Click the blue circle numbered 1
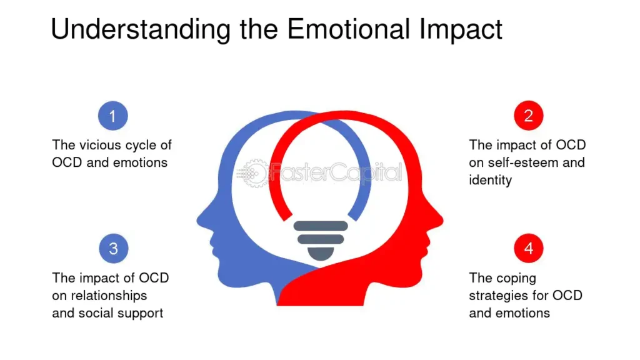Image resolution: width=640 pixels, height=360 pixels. click(113, 116)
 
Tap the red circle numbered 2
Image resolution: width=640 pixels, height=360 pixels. click(529, 116)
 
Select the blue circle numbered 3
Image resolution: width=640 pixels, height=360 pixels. click(114, 248)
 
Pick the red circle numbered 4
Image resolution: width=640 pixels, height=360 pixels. click(529, 247)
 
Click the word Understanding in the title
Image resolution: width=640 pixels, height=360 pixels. click(141, 29)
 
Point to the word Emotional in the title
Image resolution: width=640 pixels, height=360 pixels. click(349, 29)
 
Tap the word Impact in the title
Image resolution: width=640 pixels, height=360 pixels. click(461, 29)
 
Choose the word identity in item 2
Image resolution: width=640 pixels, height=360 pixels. click(490, 180)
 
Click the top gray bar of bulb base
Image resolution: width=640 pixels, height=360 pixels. click(321, 226)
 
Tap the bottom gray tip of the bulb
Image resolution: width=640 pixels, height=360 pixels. click(321, 254)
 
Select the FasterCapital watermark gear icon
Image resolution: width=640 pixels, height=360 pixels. click(255, 174)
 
